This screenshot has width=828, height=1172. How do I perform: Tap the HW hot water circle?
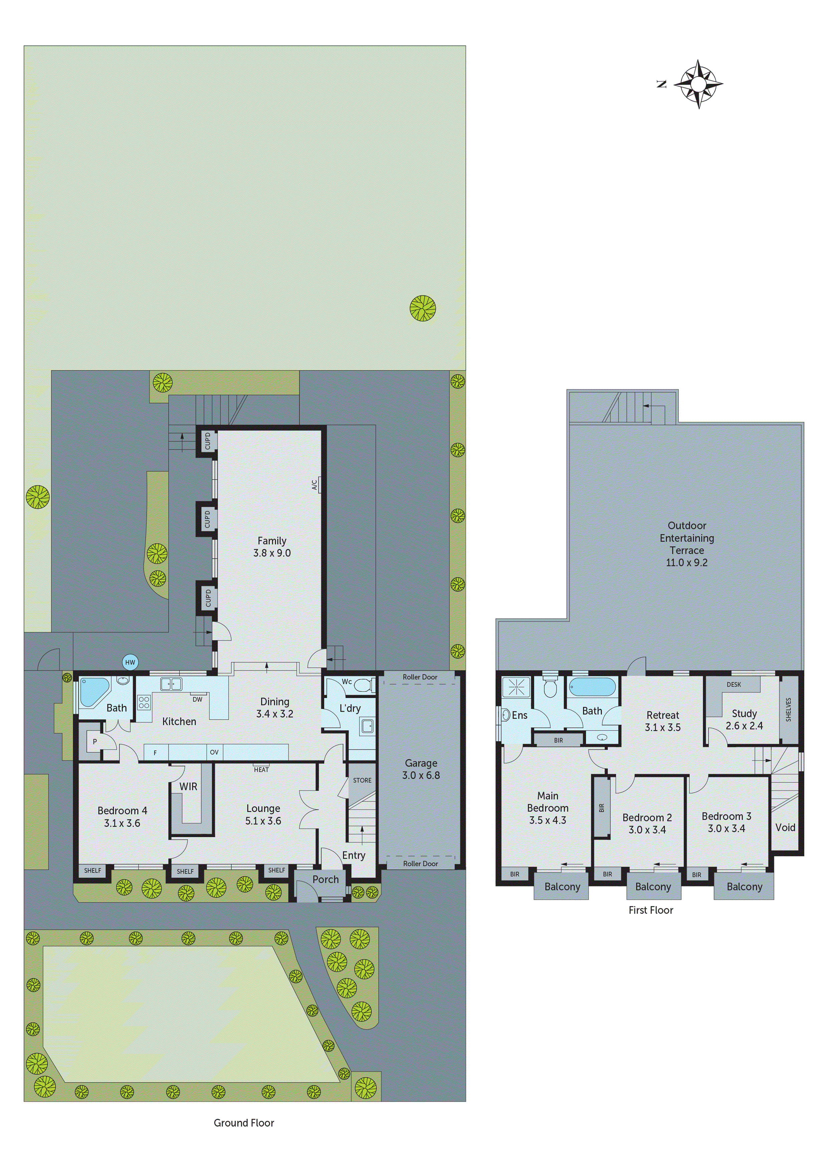130,663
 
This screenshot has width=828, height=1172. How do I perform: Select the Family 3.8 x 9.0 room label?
271,546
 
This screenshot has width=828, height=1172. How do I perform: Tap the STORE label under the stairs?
362,780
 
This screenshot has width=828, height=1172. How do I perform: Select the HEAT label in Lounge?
261,769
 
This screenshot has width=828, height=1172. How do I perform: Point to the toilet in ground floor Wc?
363,685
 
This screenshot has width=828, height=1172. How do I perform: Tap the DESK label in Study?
734,685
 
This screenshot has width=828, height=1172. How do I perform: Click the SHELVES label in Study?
788,710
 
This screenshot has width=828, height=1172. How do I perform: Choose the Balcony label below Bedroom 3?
744,887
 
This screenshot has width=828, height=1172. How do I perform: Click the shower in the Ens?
516,687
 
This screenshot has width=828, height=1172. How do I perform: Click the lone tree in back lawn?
423,308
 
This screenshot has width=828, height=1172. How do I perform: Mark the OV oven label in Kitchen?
214,752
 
